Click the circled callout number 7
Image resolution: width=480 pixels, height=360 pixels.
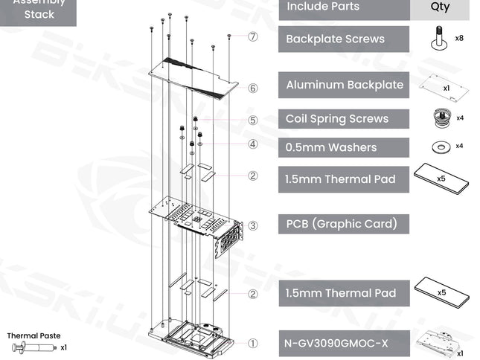coord(252,36)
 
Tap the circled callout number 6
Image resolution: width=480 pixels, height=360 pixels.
coord(252,89)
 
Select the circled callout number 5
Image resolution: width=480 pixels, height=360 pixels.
coord(252,120)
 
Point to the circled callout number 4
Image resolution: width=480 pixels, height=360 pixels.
coord(252,144)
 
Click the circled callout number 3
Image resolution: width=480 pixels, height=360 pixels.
coord(252,225)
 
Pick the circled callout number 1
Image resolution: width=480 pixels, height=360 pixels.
coord(252,343)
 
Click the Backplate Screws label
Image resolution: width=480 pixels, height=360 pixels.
coord(335,39)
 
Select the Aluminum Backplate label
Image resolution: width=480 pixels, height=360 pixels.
coord(345,85)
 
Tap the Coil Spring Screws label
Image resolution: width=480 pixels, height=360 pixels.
coord(337,119)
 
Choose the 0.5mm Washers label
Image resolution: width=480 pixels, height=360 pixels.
coord(331,147)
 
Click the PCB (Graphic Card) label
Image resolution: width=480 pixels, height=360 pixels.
coord(342,224)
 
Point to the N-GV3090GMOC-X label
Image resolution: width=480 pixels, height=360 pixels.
coord(336,343)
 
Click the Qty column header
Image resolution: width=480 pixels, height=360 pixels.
coord(440,7)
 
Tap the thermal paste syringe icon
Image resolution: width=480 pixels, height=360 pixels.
coord(34,348)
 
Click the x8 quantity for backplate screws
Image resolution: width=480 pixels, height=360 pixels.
coord(459,38)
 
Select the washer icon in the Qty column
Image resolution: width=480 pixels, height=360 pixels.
coord(441,147)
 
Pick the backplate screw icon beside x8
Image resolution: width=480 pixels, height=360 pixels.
coord(438,38)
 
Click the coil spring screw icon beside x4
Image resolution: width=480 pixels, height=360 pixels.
coord(442,118)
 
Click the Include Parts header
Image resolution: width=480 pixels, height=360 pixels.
coord(323,7)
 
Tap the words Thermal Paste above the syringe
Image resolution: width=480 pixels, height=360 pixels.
coord(33,335)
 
